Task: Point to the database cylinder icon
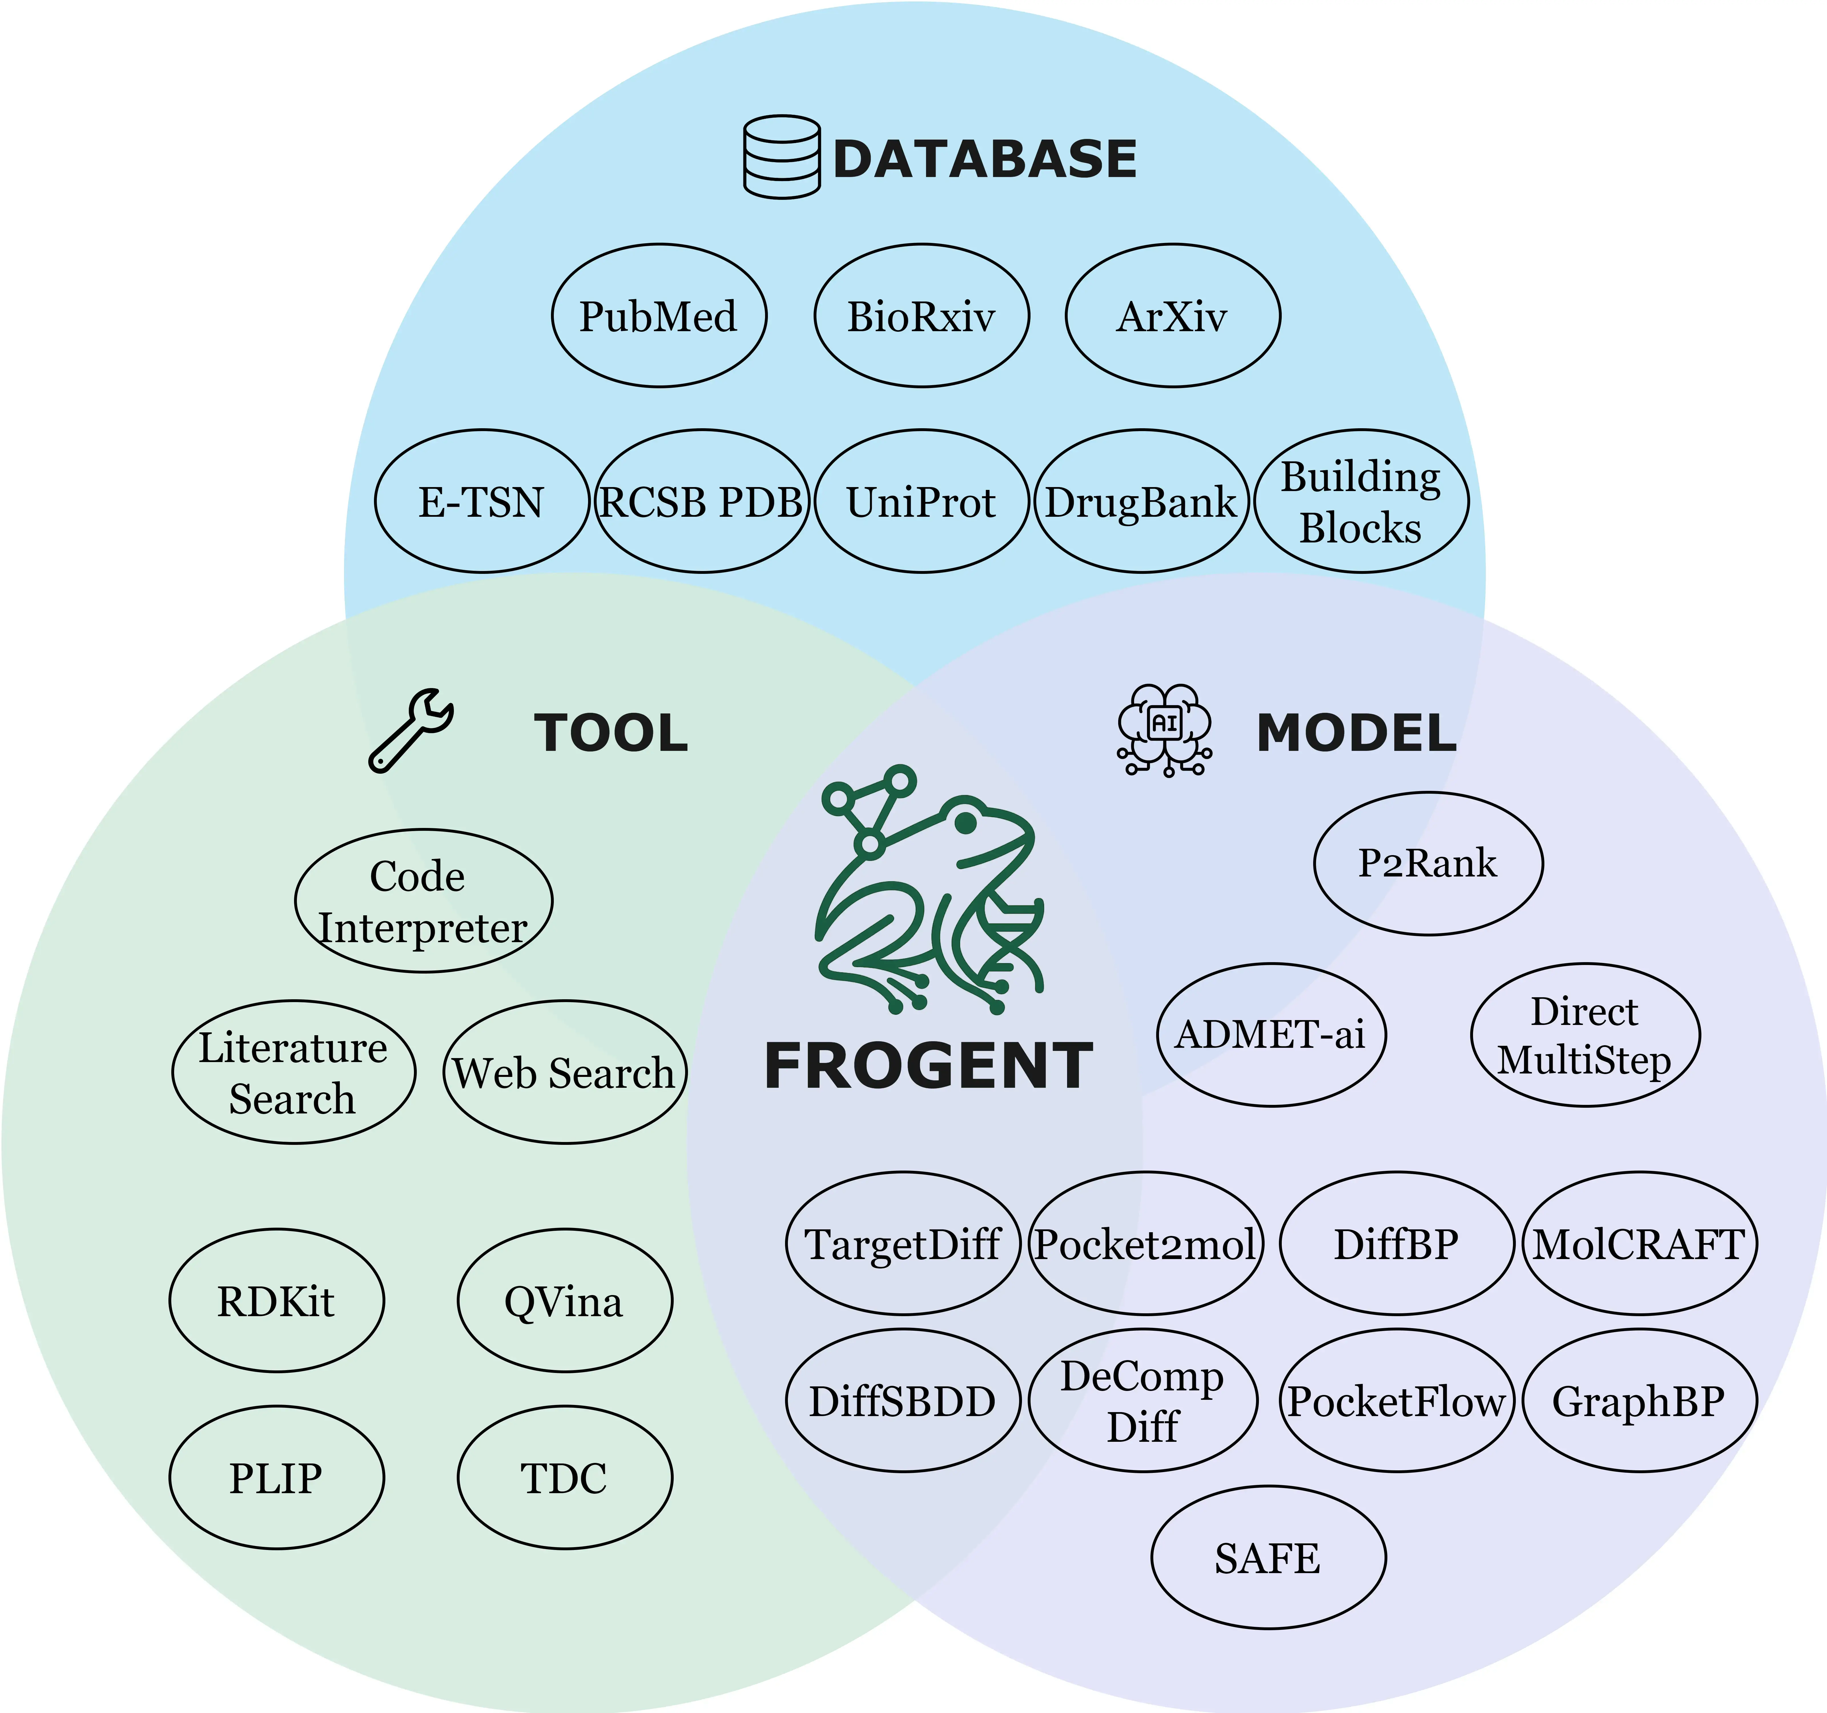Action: pos(781,157)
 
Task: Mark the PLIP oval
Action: pos(276,1478)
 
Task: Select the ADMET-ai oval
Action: pos(1270,1035)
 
